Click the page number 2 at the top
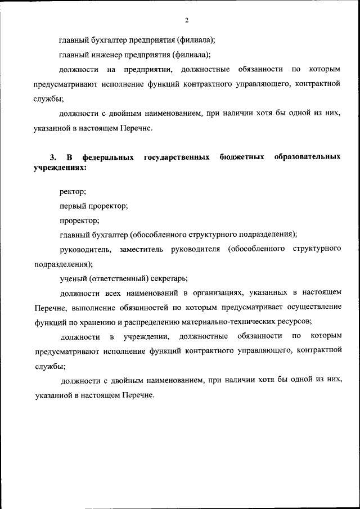point(186,21)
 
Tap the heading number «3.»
point(53,157)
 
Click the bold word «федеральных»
point(108,157)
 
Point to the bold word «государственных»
point(177,157)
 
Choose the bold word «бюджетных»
point(242,157)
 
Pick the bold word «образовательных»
point(307,157)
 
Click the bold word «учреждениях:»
point(60,168)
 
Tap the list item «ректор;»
point(73,192)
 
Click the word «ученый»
point(73,278)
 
